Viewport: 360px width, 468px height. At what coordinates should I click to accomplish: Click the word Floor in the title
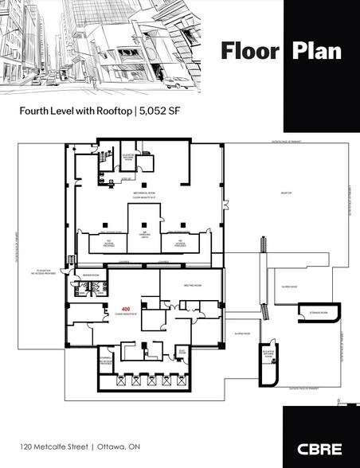click(x=249, y=52)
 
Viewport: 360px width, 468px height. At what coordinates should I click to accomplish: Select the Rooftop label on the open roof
click(x=288, y=193)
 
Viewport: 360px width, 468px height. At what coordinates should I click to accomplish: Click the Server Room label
click(x=88, y=275)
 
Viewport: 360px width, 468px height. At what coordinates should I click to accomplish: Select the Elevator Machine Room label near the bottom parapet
click(x=268, y=351)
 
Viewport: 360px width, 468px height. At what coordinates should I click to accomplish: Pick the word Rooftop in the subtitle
click(x=110, y=112)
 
